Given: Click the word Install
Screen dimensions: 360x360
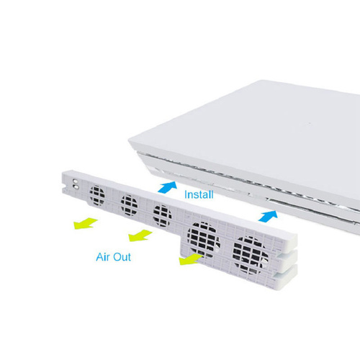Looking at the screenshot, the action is point(199,194).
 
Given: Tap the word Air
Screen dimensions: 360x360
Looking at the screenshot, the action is point(103,257).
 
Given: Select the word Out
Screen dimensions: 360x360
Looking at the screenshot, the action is point(122,257).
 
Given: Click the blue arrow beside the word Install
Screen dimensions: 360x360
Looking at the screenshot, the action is point(168,187).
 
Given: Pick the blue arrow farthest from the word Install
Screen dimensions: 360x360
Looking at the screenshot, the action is point(268,215).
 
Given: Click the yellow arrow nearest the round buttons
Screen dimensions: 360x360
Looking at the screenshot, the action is point(86,223).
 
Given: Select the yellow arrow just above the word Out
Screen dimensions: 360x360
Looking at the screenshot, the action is point(140,235).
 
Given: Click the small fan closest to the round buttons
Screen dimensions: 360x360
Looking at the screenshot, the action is point(97,196).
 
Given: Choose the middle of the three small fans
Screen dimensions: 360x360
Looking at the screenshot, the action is point(129,205).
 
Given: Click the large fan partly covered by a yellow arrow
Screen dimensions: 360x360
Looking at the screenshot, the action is point(204,240).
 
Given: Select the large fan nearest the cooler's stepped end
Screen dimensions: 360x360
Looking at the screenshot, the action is point(251,256).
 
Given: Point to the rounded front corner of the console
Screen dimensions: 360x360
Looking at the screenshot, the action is point(132,142).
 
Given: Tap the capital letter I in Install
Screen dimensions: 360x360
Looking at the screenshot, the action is point(186,194).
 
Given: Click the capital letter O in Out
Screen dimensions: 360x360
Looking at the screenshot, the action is point(117,257).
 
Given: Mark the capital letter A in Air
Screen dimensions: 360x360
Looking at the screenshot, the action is point(100,257).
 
